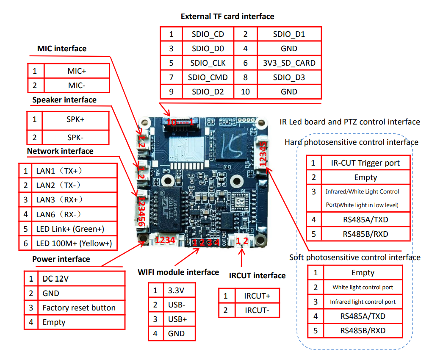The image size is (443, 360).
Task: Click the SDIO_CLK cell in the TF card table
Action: (x=208, y=63)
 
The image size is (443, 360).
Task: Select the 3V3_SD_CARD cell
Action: (x=289, y=63)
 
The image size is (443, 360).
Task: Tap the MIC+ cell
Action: (x=77, y=71)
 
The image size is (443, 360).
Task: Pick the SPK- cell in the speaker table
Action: (x=75, y=138)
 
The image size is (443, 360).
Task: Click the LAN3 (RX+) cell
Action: (x=59, y=199)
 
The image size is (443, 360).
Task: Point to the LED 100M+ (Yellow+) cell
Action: (x=74, y=243)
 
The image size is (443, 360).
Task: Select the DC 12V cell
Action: (x=55, y=279)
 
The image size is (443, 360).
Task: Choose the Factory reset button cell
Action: (x=79, y=308)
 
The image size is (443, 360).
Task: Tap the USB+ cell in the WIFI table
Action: (x=177, y=319)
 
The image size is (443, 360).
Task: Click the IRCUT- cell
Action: (x=257, y=310)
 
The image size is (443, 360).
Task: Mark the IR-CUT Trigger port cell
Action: (x=365, y=163)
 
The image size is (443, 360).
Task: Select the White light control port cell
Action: (x=363, y=287)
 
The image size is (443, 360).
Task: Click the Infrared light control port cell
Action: (x=363, y=302)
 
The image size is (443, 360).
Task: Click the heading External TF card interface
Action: (x=227, y=17)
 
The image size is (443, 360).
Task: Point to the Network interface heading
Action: (x=60, y=151)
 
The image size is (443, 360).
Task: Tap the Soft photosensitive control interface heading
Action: (x=355, y=257)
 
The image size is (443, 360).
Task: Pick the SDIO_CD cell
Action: (x=208, y=34)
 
